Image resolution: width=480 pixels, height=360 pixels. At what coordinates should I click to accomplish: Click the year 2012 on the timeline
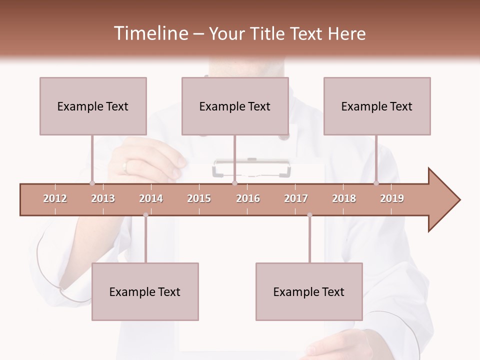pyautogui.click(x=55, y=198)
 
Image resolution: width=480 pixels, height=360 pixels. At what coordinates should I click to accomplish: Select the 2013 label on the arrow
pyautogui.click(x=103, y=198)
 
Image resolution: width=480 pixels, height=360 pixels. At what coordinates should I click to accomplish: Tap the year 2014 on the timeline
pyautogui.click(x=151, y=198)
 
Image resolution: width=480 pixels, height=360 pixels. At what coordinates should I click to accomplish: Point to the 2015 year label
pyautogui.click(x=199, y=198)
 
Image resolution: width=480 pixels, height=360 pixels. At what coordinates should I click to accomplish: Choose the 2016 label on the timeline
pyautogui.click(x=248, y=198)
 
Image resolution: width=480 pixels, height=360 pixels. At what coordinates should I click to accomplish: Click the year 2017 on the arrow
pyautogui.click(x=296, y=198)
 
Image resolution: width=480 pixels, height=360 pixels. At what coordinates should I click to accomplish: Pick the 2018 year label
pyautogui.click(x=344, y=198)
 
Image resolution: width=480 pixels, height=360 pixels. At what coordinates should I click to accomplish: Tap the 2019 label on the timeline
pyautogui.click(x=392, y=198)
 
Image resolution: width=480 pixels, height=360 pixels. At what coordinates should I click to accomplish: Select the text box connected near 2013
pyautogui.click(x=93, y=106)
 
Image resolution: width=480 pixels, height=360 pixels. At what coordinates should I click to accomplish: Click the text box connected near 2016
pyautogui.click(x=235, y=106)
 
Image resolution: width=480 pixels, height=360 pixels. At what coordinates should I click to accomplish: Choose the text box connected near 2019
pyautogui.click(x=377, y=106)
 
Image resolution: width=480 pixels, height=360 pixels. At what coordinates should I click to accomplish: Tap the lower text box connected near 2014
pyautogui.click(x=145, y=291)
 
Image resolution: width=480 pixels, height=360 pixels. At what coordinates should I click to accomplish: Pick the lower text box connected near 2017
pyautogui.click(x=309, y=291)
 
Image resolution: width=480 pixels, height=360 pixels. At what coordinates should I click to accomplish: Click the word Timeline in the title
pyautogui.click(x=149, y=33)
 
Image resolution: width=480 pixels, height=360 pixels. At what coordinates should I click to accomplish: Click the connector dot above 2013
pyautogui.click(x=92, y=183)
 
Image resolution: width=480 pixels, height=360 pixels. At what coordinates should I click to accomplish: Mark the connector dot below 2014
pyautogui.click(x=145, y=215)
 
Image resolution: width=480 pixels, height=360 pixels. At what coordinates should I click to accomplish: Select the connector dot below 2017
pyautogui.click(x=309, y=215)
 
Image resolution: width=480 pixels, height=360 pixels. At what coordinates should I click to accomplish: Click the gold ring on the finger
pyautogui.click(x=125, y=166)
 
